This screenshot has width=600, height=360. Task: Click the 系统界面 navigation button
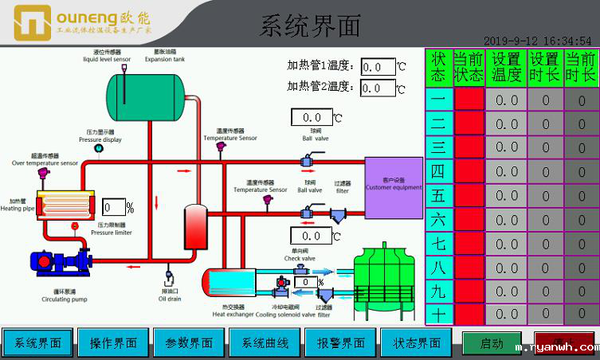point(38,343)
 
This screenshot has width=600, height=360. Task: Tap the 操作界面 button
point(113,343)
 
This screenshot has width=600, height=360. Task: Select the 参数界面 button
point(189,343)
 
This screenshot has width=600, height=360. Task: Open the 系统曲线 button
point(265,343)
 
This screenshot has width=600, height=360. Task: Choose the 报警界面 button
point(341,343)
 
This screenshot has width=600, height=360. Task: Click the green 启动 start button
point(492,344)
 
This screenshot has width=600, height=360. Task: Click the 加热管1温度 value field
point(378,67)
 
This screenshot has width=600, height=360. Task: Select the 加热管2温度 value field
point(378,88)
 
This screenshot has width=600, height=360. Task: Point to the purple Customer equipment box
point(394,187)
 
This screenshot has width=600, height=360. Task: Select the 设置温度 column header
point(507,67)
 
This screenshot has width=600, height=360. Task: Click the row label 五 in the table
point(438,196)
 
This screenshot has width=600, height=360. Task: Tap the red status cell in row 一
point(469,100)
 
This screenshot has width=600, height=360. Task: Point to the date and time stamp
point(537,40)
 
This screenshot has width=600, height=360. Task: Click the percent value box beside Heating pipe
point(114,208)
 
